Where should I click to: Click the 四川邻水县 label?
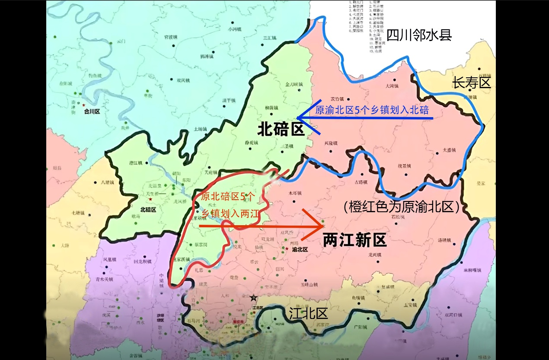pyautogui.click(x=419, y=35)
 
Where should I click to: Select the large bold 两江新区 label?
pyautogui.click(x=354, y=241)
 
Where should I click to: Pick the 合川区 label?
pyautogui.click(x=92, y=111)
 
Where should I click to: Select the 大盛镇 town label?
pyautogui.click(x=450, y=150)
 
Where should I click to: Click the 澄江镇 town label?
pyautogui.click(x=136, y=162)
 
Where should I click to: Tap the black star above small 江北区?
pyautogui.click(x=253, y=298)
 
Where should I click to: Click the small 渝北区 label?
pyautogui.click(x=299, y=249)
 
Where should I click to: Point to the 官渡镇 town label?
pyautogui.click(x=168, y=37)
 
